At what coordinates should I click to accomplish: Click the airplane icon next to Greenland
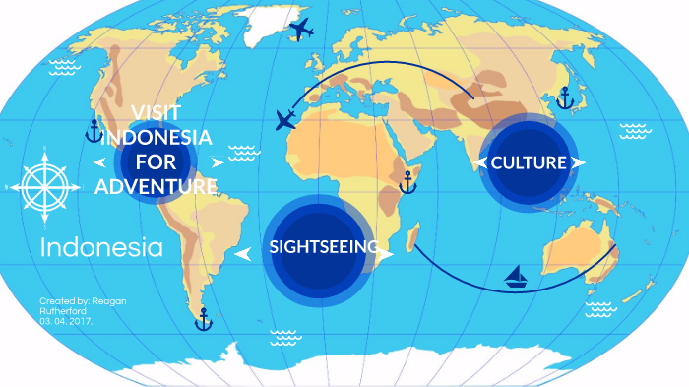click(301, 30)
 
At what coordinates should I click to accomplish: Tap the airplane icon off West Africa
click(286, 121)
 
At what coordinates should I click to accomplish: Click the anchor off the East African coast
click(407, 182)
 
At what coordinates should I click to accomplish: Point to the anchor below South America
click(203, 318)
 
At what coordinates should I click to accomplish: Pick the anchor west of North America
click(94, 131)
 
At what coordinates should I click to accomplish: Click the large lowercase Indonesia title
click(101, 248)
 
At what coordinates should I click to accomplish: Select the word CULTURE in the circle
click(529, 162)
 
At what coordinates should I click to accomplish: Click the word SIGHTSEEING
click(324, 247)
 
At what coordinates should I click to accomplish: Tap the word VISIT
click(157, 110)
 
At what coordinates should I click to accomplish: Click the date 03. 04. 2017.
click(66, 321)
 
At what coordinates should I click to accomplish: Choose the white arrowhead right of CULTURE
click(578, 162)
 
